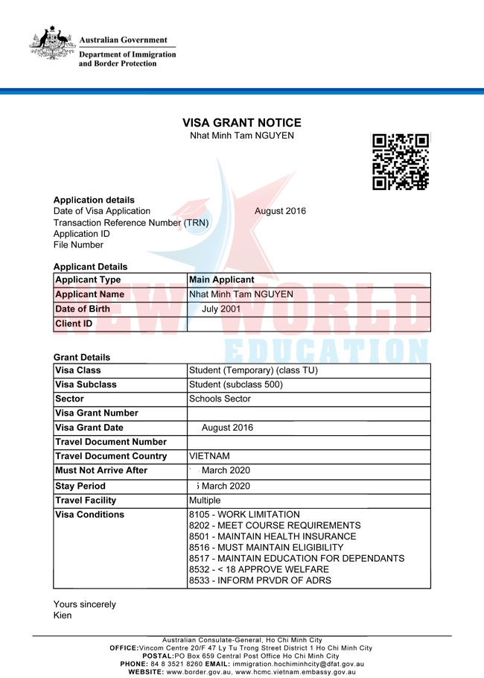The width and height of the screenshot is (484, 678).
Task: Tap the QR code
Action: [401, 162]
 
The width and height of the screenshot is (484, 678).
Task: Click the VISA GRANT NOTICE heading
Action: [242, 123]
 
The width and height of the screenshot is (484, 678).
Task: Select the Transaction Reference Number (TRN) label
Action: [131, 222]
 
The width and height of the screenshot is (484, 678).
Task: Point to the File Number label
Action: [78, 244]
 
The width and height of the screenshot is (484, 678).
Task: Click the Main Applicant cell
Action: [222, 280]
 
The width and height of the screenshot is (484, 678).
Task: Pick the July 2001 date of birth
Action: [221, 308]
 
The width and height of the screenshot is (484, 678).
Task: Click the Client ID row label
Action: [74, 323]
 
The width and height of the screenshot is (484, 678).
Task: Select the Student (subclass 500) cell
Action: [236, 384]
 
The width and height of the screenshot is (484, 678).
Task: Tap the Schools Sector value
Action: [220, 399]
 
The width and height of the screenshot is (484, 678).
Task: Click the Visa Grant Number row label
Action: [97, 413]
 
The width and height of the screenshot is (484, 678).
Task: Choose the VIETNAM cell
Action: [209, 456]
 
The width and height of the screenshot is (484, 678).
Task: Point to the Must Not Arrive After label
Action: [101, 470]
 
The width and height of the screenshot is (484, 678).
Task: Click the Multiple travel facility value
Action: [205, 501]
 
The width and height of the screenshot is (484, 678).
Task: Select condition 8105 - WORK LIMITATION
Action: [244, 515]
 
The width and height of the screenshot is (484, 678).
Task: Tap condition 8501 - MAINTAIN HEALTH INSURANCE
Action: [273, 536]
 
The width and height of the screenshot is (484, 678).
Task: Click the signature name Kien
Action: [63, 615]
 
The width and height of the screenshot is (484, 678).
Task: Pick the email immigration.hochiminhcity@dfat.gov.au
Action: [298, 664]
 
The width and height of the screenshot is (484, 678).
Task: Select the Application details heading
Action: [94, 200]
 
